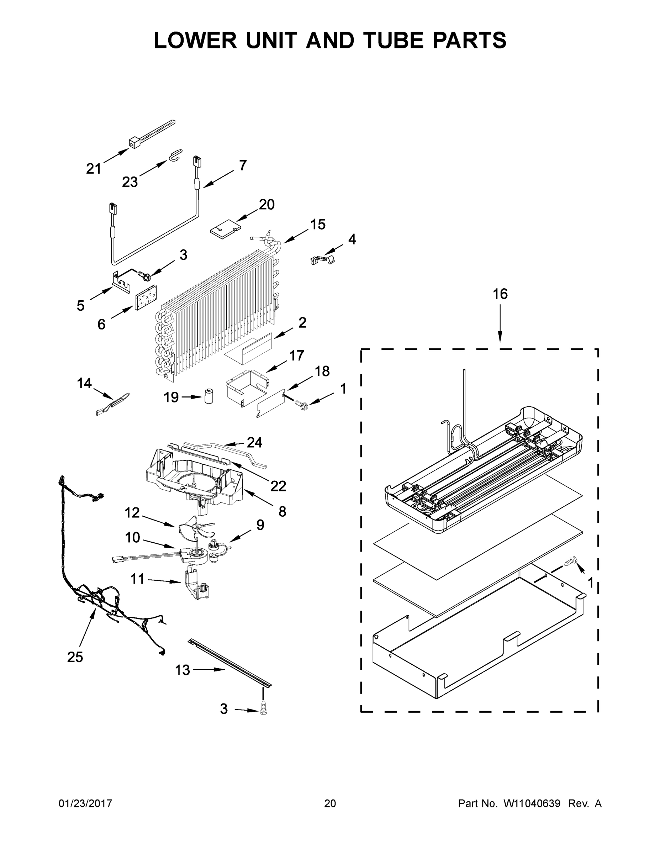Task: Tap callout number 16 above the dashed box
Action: [x=500, y=294]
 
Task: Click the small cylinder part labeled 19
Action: [x=209, y=396]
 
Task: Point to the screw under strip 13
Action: [x=263, y=709]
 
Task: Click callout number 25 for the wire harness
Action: [x=75, y=657]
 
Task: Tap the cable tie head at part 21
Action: [x=134, y=144]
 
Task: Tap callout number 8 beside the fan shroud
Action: [x=282, y=511]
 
